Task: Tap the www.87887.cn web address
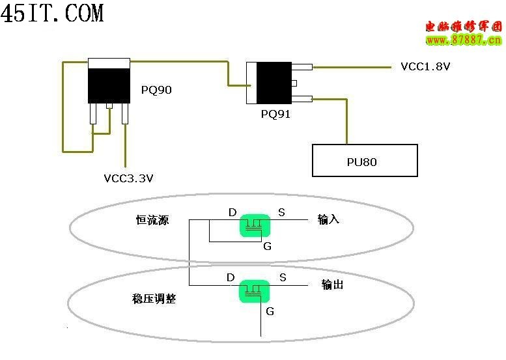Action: coord(464,40)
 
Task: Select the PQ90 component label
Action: coord(156,90)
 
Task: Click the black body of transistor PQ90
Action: coord(109,84)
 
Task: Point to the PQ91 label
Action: coord(275,114)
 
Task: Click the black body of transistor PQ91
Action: coord(274,83)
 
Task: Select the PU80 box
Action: coord(364,161)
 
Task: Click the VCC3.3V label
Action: coord(128,178)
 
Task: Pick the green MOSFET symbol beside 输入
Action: coord(255,225)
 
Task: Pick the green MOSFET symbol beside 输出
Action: coord(255,290)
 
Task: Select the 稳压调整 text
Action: coord(154,299)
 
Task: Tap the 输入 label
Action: coord(329,219)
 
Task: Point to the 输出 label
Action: coord(332,284)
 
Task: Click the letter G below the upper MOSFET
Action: coord(267,246)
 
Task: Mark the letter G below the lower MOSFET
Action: coord(270,311)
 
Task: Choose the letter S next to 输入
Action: coord(281,212)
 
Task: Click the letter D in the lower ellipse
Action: coord(231,277)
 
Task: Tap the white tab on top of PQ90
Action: coord(109,62)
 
